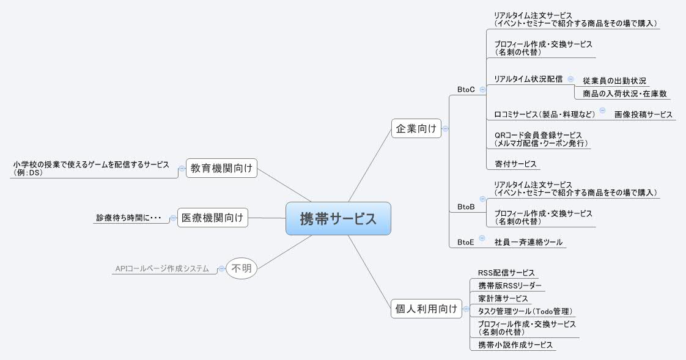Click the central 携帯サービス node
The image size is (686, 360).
tap(338, 218)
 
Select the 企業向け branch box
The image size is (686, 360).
tap(416, 128)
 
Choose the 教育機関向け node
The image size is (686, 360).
tap(221, 167)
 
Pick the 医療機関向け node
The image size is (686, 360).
tap(213, 217)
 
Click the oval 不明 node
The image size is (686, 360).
tap(242, 268)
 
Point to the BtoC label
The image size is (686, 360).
tap(466, 89)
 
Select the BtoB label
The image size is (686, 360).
tap(466, 207)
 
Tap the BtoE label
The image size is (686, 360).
tap(466, 242)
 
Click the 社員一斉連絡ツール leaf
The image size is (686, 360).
tap(528, 242)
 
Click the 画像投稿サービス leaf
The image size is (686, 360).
tap(643, 114)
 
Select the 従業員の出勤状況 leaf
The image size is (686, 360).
tap(614, 81)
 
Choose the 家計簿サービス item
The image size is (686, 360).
tap(503, 298)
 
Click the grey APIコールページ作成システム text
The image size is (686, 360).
tap(162, 268)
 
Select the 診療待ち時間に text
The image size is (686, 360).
tap(128, 218)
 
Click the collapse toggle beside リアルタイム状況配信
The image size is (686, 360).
tap(570, 79)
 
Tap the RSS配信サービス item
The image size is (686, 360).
tap(506, 273)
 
